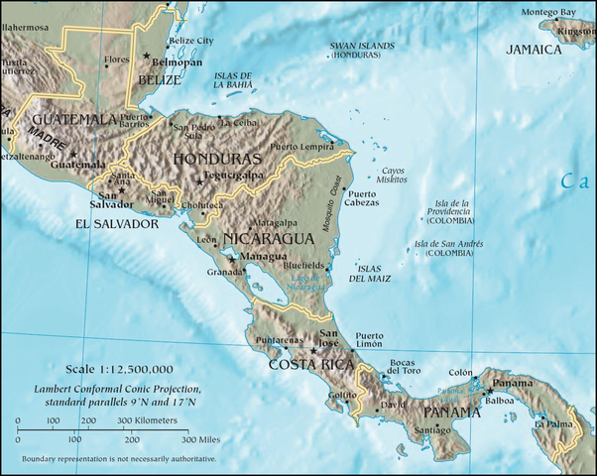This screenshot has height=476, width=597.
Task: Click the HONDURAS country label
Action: coord(217,159)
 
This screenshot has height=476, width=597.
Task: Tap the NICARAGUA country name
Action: coord(271,239)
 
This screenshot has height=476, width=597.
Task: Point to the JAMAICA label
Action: coord(535,50)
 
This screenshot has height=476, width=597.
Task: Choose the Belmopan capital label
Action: coord(181,59)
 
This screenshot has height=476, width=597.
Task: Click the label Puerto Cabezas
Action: coord(361,198)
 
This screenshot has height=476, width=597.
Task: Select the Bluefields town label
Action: coord(302,266)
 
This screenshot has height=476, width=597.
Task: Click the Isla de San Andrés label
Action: coord(449,249)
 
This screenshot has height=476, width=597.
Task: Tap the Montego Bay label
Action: coord(548,12)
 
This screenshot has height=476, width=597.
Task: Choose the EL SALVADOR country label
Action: coord(117,225)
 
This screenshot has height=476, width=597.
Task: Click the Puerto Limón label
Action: coord(369,341)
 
